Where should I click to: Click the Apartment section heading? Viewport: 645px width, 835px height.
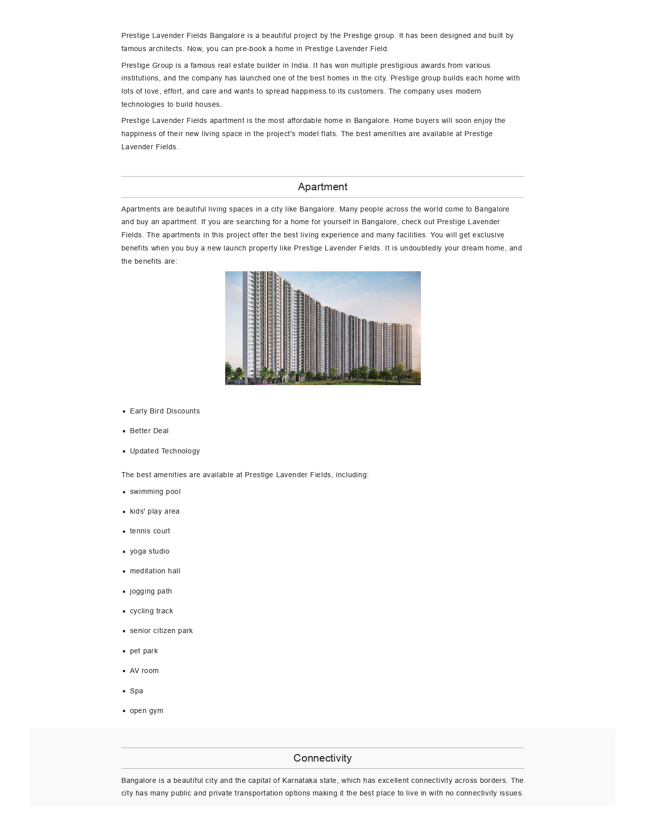[322, 187]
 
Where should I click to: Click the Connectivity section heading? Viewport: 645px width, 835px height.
[322, 758]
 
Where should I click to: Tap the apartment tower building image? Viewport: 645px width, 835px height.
[323, 328]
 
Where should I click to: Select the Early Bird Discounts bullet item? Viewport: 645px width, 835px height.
[164, 411]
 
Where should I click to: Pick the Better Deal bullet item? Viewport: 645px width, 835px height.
[149, 431]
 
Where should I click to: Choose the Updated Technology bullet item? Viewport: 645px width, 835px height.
[164, 451]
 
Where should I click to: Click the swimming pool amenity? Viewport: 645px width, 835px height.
[155, 491]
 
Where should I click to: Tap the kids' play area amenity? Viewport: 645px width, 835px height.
[154, 511]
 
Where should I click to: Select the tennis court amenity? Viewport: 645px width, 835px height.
[150, 531]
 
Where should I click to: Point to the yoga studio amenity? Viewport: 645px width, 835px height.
[149, 551]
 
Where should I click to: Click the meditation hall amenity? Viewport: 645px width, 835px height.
[155, 571]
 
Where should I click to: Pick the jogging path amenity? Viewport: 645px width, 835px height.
[151, 591]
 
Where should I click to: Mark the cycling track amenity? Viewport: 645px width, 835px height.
[151, 611]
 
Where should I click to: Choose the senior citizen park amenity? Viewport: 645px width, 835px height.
[161, 631]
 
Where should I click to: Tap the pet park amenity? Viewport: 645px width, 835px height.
[144, 651]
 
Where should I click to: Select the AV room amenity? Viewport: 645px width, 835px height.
[144, 671]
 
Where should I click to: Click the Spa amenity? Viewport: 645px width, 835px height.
[136, 691]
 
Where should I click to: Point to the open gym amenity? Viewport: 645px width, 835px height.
[146, 711]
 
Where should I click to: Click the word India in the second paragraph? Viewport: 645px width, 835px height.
[300, 65]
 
